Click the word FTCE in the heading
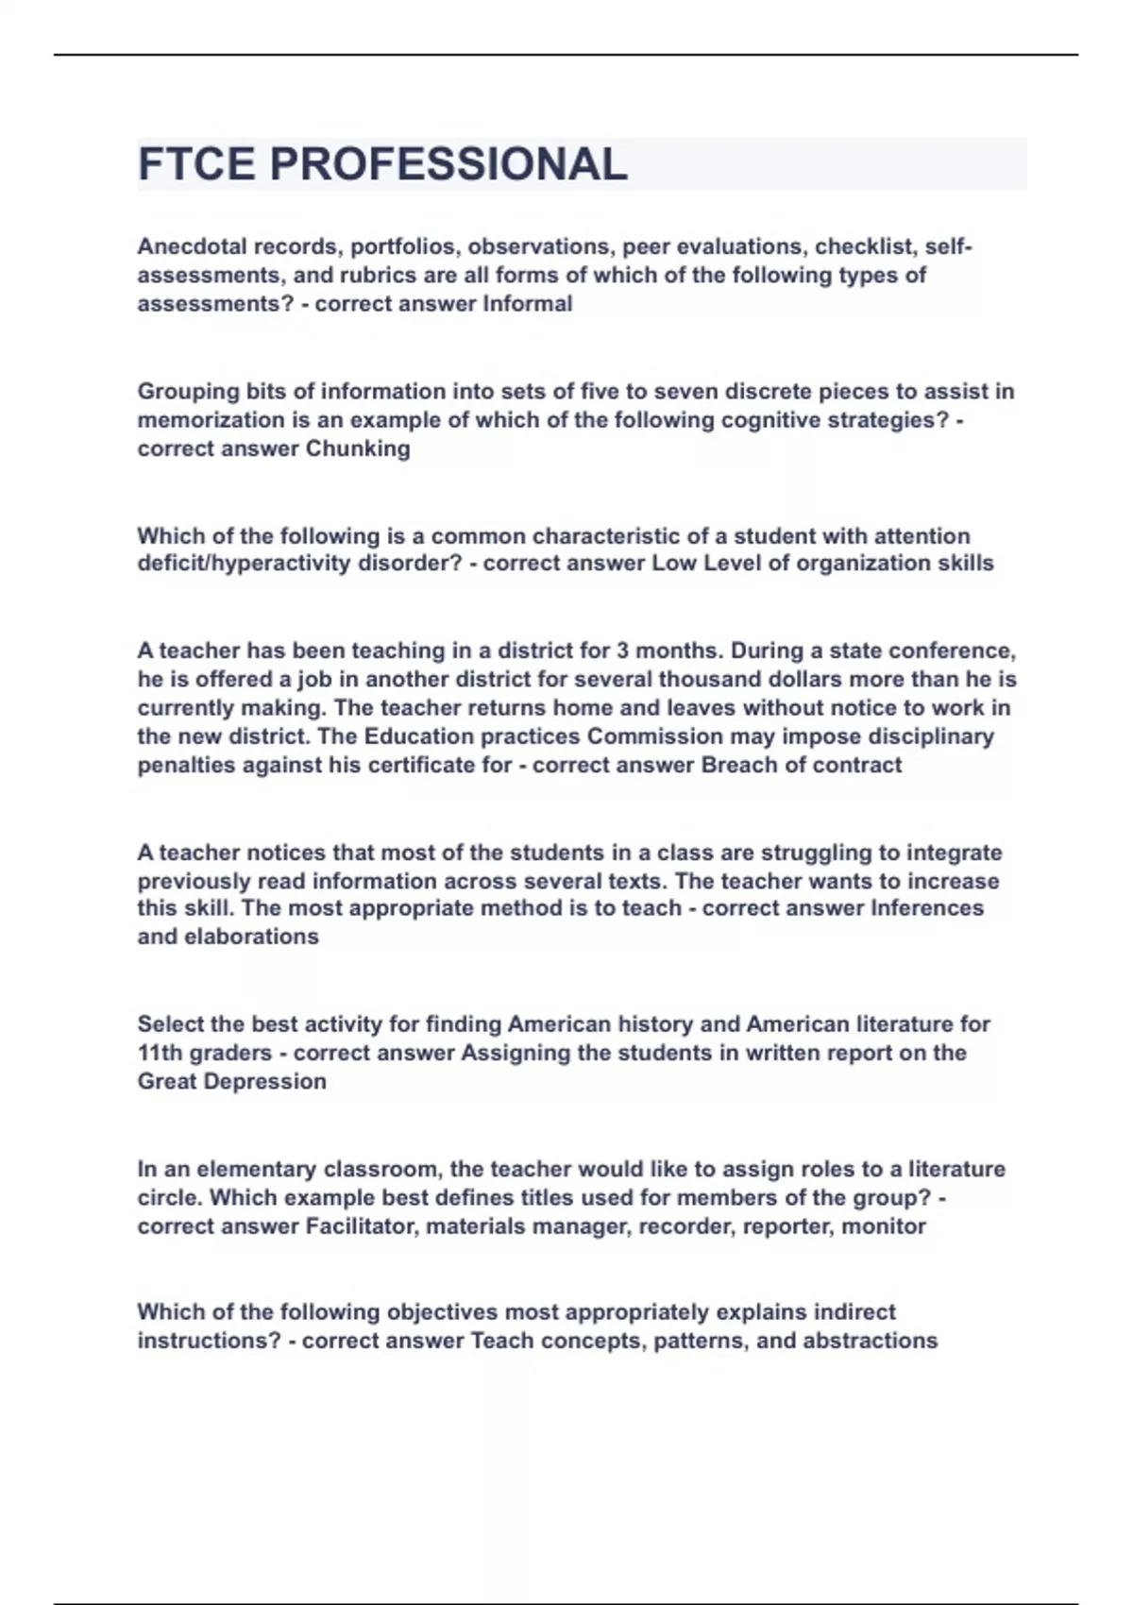point(196,164)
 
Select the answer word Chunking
point(358,448)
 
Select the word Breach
point(738,765)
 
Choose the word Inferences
point(926,908)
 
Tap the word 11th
point(159,1053)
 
